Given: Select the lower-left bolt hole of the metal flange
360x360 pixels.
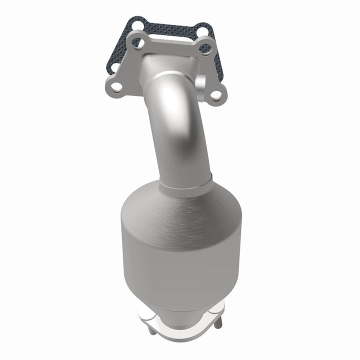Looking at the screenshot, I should pyautogui.click(x=116, y=87).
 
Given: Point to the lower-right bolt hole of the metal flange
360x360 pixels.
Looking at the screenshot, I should pyautogui.click(x=216, y=93).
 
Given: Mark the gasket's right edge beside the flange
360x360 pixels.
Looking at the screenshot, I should pyautogui.click(x=214, y=65).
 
